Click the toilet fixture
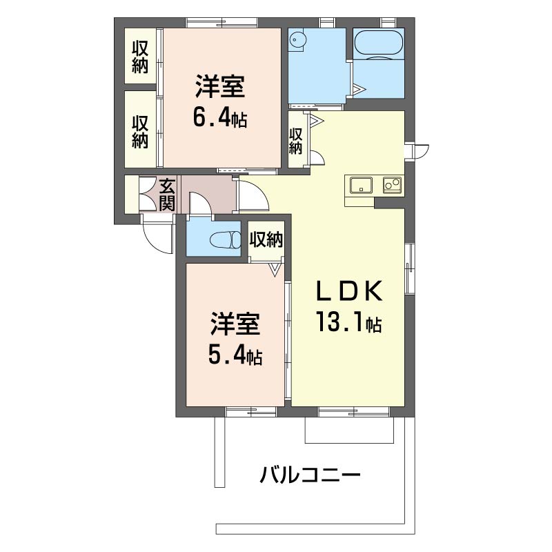tap(226, 241)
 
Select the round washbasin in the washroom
tap(297, 41)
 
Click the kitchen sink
tap(361, 185)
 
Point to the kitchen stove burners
tap(392, 184)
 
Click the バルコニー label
tap(310, 475)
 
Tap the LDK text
tap(349, 291)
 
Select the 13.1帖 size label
tap(349, 322)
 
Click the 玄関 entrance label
tap(167, 195)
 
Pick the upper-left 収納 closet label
tap(140, 57)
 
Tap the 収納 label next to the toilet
tap(266, 239)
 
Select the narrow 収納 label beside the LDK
tap(295, 141)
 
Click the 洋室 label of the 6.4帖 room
tap(220, 87)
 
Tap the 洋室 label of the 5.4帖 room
tap(235, 324)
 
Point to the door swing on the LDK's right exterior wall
tap(422, 150)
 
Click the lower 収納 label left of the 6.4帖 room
tap(140, 132)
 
